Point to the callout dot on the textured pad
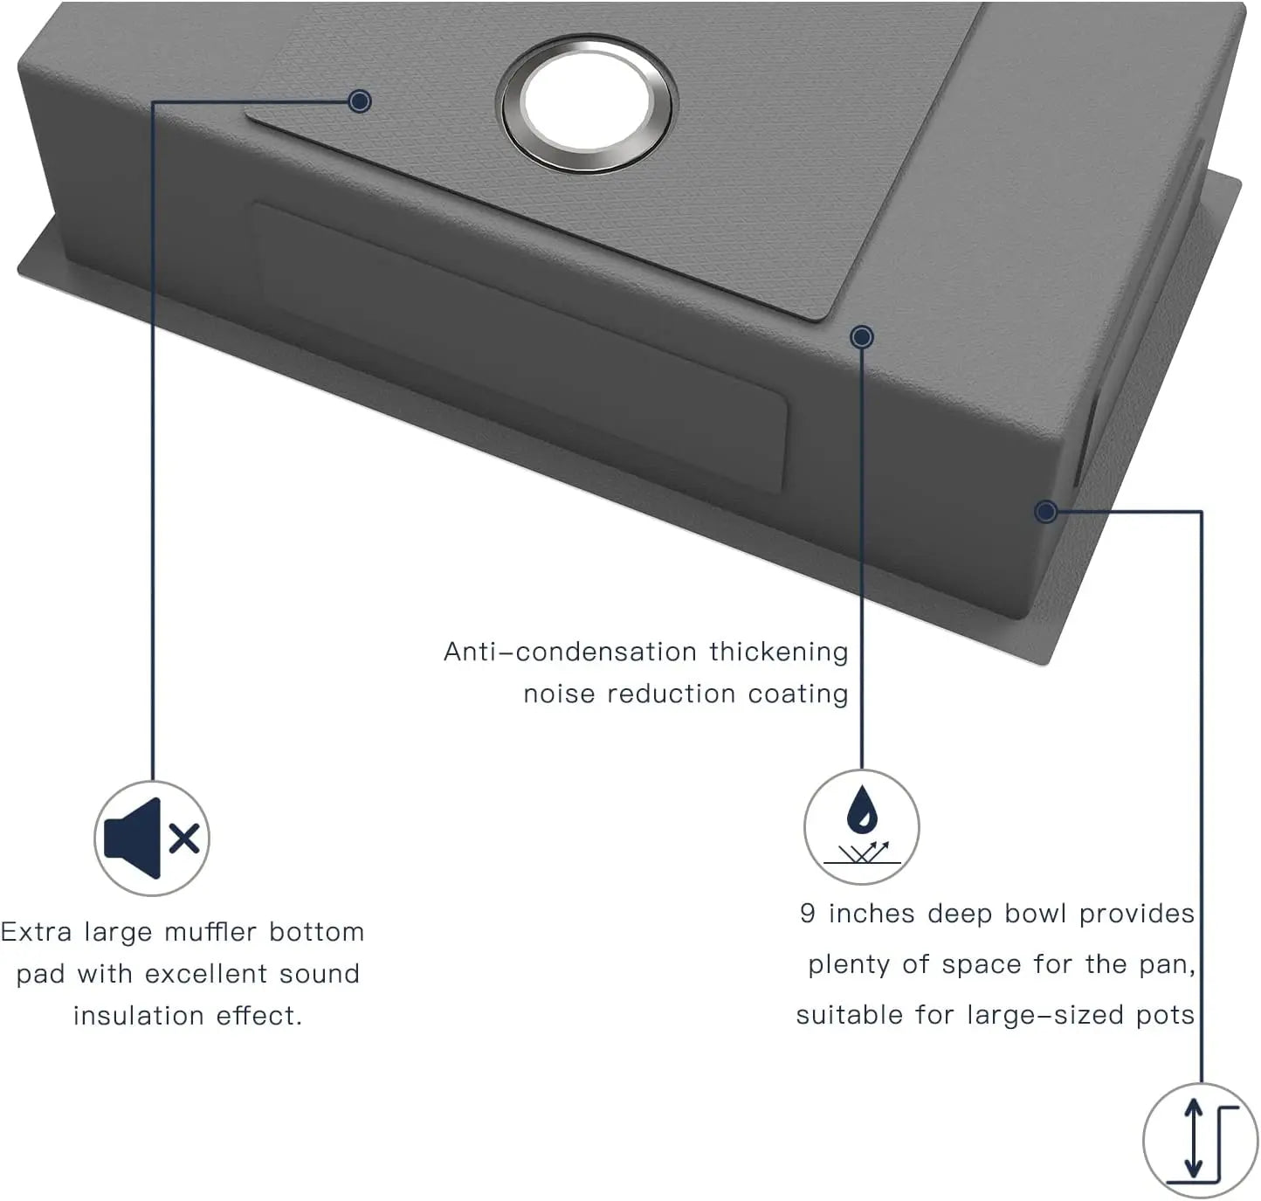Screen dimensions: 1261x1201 click(360, 101)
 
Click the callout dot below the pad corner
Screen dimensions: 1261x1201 click(861, 337)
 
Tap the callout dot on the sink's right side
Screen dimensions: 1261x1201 click(1045, 511)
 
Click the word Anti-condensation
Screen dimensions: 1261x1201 click(569, 652)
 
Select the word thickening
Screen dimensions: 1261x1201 click(779, 652)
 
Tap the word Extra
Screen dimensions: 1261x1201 click(36, 932)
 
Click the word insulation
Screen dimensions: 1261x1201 click(138, 1016)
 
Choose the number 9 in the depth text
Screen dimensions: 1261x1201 click(808, 914)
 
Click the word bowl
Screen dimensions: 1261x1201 click(1035, 914)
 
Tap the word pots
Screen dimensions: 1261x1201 click(1165, 1017)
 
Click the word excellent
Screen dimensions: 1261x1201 click(205, 974)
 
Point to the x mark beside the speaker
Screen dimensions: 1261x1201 click(185, 839)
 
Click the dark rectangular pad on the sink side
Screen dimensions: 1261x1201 click(520, 347)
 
